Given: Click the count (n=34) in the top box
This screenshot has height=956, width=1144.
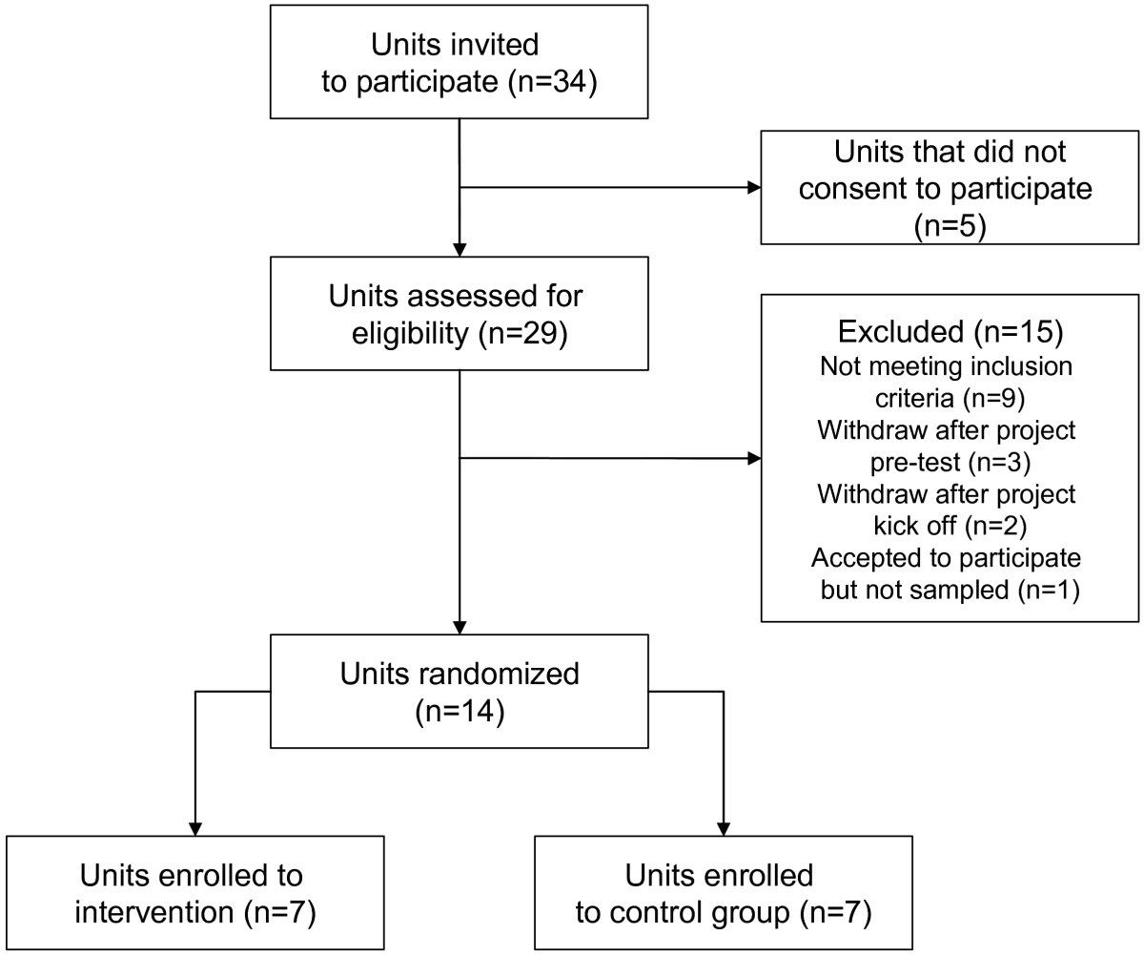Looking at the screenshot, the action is (552, 83).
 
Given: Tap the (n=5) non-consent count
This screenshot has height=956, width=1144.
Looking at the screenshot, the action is (950, 225).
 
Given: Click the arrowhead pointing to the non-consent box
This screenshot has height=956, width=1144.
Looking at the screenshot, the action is (754, 188).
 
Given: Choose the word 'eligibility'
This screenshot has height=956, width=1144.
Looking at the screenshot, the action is (410, 333).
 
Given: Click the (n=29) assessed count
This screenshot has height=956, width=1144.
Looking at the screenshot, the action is (523, 334).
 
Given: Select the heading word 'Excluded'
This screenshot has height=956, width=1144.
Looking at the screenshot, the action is (901, 332).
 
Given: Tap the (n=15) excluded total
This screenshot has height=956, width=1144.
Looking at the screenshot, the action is (1018, 332).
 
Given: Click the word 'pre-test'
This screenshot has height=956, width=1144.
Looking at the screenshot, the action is (915, 463).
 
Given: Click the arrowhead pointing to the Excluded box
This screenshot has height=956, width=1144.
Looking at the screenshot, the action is (754, 459).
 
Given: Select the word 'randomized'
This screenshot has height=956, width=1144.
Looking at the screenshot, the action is (499, 675).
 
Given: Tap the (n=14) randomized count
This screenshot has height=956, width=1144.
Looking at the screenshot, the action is (460, 712).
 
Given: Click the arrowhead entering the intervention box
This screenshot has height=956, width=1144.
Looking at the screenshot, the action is (195, 829).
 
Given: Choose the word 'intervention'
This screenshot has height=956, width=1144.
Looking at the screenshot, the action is (153, 912).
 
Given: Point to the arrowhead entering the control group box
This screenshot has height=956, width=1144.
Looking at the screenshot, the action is (724, 829).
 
